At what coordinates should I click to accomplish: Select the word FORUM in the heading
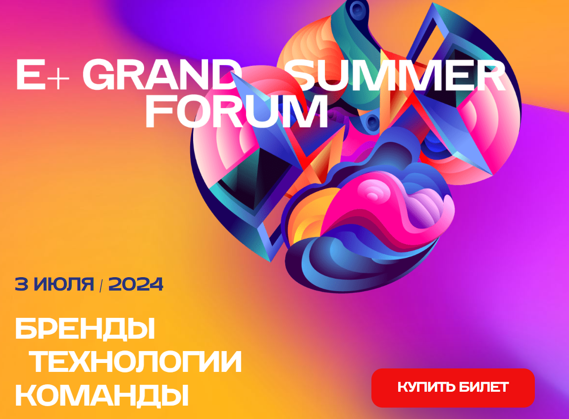[x=237, y=111]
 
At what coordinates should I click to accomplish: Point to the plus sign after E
[x=58, y=78]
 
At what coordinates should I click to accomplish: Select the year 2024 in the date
[x=136, y=284]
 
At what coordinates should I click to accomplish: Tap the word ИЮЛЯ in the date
[x=64, y=284]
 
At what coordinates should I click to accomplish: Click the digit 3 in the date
[x=21, y=284]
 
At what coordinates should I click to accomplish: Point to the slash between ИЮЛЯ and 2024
[x=101, y=285]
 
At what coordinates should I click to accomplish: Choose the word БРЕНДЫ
[x=85, y=329]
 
